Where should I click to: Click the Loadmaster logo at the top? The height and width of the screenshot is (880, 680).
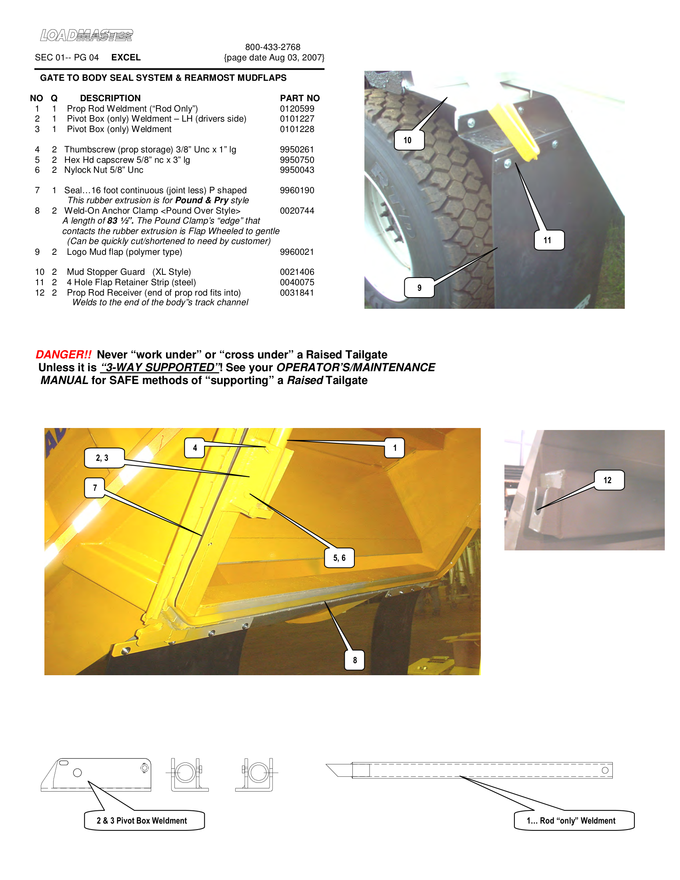[86, 35]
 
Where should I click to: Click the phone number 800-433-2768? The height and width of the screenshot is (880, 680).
[273, 47]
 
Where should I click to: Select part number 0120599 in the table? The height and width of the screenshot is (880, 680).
[297, 109]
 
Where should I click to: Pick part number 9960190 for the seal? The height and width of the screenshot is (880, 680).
[297, 190]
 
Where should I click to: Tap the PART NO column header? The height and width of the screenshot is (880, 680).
[300, 98]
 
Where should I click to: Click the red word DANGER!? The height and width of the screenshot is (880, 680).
[64, 354]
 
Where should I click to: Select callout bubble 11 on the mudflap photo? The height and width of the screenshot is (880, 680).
[549, 240]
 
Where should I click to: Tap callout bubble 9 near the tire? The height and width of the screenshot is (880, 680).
[419, 288]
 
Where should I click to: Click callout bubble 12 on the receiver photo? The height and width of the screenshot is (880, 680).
[609, 480]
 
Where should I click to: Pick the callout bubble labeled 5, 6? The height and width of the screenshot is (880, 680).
[340, 558]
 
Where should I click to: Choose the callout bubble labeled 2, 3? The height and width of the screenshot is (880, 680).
[103, 458]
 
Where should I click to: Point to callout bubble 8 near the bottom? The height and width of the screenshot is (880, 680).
[355, 660]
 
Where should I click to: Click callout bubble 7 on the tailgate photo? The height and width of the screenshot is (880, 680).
[95, 488]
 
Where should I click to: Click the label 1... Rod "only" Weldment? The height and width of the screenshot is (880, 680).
[573, 821]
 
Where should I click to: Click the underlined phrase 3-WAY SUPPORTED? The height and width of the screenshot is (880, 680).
[160, 368]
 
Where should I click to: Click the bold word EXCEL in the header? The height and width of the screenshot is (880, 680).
[126, 58]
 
